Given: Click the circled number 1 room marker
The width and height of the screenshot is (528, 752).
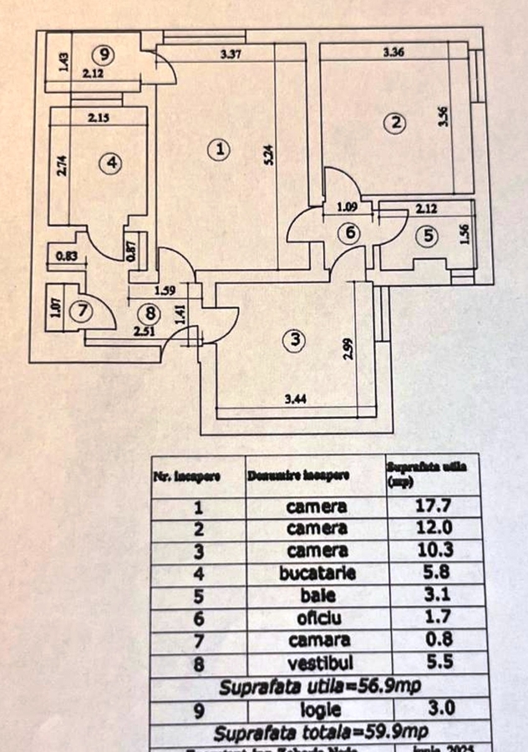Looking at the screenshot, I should tap(218, 150).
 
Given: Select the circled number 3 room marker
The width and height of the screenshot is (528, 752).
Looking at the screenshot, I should tap(294, 340).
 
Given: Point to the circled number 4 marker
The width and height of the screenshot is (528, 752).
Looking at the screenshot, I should tap(109, 164).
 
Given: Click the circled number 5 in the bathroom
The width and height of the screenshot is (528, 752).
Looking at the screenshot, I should tap(429, 236).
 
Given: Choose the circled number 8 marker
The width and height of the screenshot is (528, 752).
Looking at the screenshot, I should tap(150, 314).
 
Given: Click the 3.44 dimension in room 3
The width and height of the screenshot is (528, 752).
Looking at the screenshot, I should tap(294, 399).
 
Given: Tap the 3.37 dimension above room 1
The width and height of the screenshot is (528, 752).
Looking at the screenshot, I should tap(231, 55).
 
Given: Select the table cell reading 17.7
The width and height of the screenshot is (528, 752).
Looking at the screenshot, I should tap(434, 506).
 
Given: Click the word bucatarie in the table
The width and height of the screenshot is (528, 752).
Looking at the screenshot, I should tap(317, 573).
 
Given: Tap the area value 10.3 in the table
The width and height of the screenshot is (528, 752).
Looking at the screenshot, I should tap(434, 551).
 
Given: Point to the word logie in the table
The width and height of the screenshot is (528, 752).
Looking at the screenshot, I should tap(317, 711).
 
